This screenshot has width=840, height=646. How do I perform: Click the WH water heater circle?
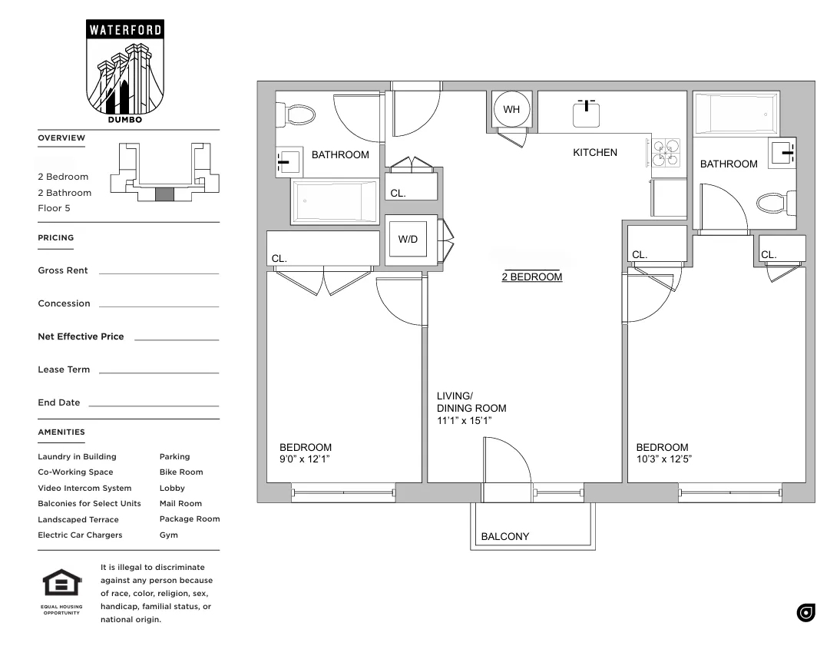(x=511, y=109)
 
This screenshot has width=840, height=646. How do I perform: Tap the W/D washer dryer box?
(x=408, y=240)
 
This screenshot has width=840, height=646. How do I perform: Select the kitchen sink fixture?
(x=587, y=113)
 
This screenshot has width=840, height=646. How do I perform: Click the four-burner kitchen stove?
(x=666, y=153)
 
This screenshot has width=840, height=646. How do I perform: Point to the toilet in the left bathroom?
(x=299, y=116)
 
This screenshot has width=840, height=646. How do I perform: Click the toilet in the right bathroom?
(x=773, y=204)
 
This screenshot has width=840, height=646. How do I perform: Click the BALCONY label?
(x=504, y=537)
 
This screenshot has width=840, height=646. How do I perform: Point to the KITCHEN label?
(x=595, y=153)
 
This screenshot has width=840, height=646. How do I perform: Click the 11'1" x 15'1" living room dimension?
(x=464, y=421)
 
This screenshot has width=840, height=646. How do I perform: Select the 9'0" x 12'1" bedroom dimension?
(x=304, y=459)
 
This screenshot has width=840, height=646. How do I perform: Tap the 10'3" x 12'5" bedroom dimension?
(x=663, y=459)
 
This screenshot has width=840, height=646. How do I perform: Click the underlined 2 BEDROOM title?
(x=531, y=277)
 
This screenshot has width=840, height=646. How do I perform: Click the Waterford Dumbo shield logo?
(x=125, y=70)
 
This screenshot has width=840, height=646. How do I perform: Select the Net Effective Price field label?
(x=81, y=336)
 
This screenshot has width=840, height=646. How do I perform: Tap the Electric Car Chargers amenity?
(x=80, y=535)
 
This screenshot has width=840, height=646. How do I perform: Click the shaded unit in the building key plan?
(x=164, y=194)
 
